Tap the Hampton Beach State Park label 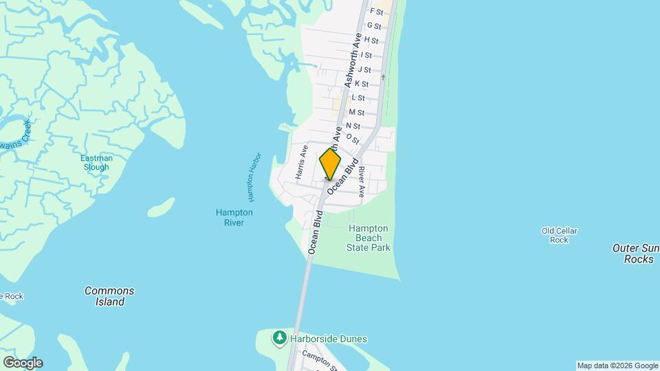click(368, 238)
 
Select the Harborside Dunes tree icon click(279, 338)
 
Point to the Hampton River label click(234, 217)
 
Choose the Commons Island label click(109, 296)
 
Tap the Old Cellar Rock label click(559, 236)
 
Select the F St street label click(376, 12)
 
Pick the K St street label click(362, 84)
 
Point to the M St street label click(356, 112)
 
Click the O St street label click(353, 139)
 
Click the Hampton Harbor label click(253, 177)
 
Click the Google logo click(23, 363)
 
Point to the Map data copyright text click(617, 366)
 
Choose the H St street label click(371, 41)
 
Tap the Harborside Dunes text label click(328, 339)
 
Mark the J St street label click(364, 69)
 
